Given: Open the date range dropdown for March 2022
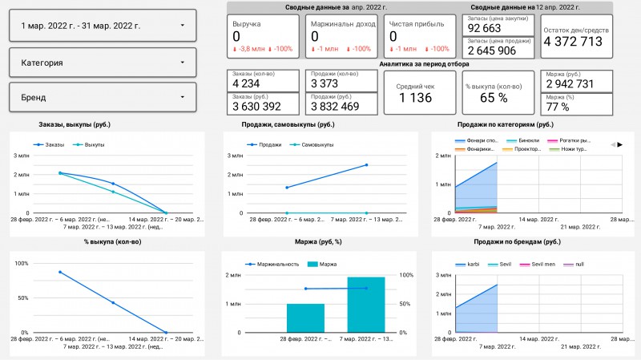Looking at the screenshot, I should [x=104, y=26].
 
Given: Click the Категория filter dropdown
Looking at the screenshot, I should [x=104, y=62].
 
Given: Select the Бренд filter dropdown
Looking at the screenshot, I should [x=104, y=98].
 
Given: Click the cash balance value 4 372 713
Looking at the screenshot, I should [x=573, y=42].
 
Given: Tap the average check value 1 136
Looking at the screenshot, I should [x=415, y=98].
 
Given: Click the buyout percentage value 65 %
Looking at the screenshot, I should [x=494, y=98].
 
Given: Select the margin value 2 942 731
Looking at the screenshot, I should [x=570, y=84].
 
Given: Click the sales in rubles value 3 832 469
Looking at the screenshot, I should [x=336, y=106].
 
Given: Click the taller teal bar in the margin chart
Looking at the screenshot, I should [x=366, y=305].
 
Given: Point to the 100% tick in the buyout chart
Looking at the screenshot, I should [x=21, y=264].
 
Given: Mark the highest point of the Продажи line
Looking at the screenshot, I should [x=366, y=165].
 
